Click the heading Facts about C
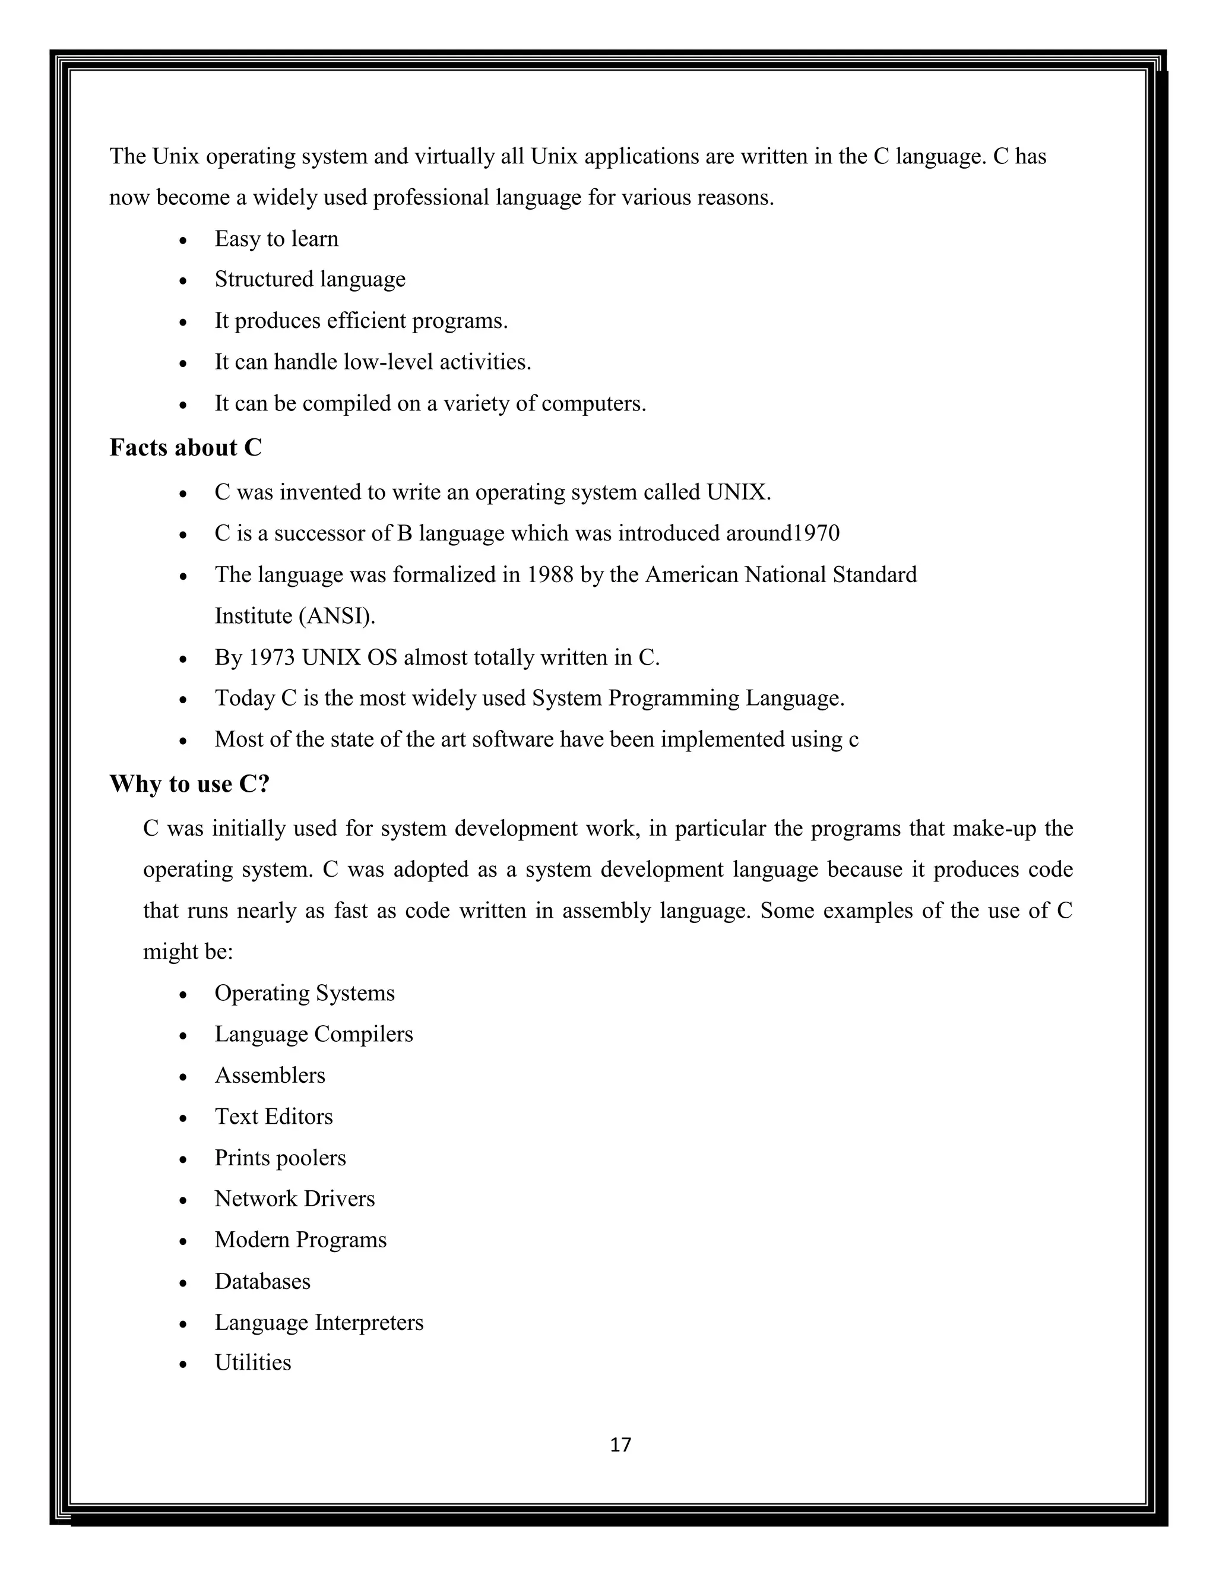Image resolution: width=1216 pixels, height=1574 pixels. (185, 448)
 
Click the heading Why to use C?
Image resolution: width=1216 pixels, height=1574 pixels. (189, 783)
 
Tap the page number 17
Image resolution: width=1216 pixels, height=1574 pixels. (620, 1445)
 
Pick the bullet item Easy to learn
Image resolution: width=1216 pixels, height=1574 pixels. (276, 239)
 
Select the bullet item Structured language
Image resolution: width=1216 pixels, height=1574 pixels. (310, 279)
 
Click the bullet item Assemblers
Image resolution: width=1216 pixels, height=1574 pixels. (270, 1075)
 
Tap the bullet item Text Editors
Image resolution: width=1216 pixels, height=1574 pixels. (274, 1117)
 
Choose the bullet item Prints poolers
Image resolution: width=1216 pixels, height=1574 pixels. (280, 1158)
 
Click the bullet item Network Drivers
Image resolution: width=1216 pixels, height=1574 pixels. (294, 1199)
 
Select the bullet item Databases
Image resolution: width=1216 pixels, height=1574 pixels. (262, 1281)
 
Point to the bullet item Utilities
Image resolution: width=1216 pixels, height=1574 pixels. (253, 1363)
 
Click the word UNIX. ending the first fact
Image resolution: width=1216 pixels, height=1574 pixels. (739, 492)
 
